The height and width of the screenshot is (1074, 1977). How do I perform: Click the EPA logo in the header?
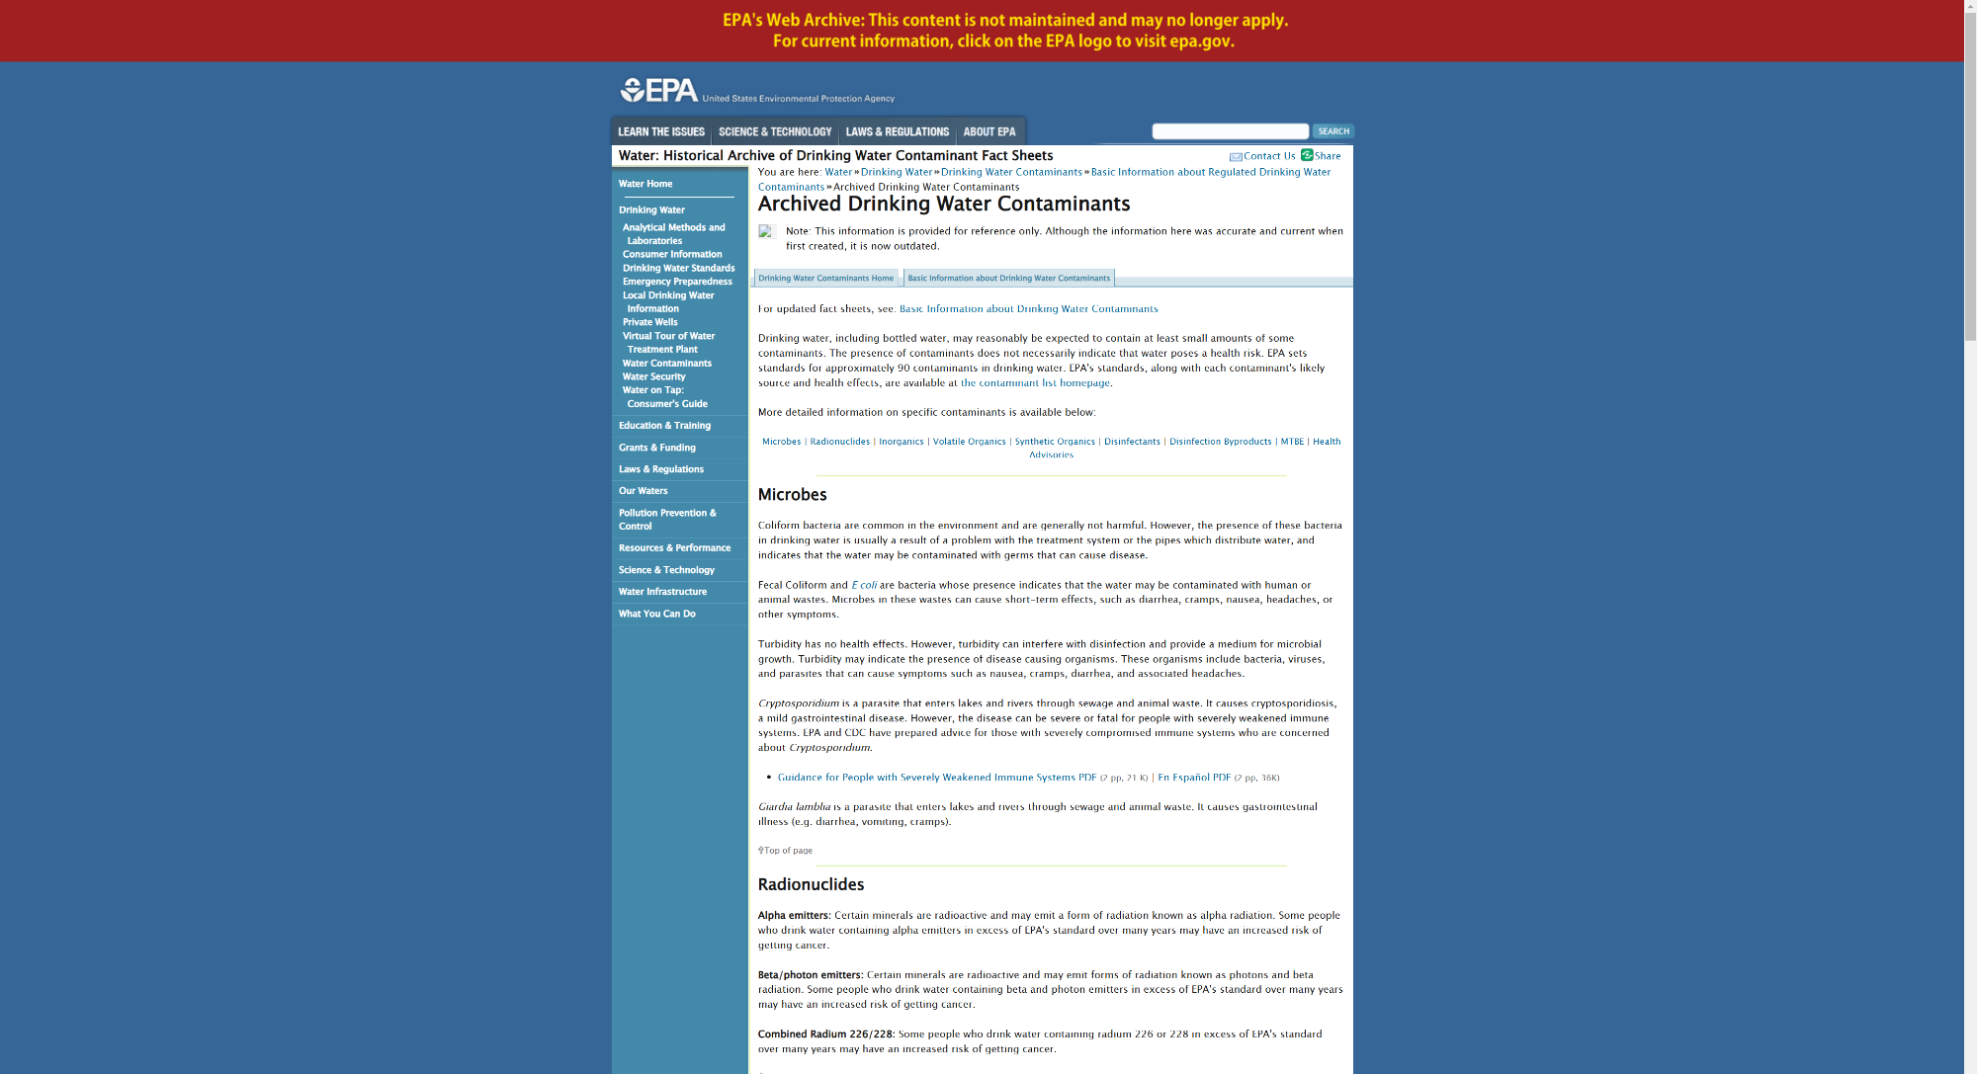coord(658,91)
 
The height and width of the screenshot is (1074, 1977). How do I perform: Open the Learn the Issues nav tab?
coord(661,131)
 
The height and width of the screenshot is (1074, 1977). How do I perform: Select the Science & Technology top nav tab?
coord(775,131)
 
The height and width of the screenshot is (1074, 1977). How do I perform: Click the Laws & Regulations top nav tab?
coord(897,131)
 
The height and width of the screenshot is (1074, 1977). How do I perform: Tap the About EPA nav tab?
coord(989,131)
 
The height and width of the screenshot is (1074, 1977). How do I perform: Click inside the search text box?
coord(1230,131)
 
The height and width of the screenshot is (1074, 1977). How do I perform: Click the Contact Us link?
coord(1269,156)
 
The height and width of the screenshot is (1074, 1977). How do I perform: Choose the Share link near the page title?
coord(1327,156)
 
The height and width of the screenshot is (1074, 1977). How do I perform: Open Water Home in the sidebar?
coord(645,184)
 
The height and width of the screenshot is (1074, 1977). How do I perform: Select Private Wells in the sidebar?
coord(650,322)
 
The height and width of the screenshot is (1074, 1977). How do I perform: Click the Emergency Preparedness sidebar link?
coord(677,282)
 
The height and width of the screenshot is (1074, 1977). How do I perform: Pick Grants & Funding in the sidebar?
coord(657,448)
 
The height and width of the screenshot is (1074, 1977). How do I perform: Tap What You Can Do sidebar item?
coord(657,614)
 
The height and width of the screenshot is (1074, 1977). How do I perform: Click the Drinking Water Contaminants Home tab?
coord(825,279)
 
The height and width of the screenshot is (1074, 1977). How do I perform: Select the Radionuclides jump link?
coord(840,442)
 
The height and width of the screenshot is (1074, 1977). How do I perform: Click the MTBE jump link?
coord(1292,442)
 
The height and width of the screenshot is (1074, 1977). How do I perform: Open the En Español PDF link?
coord(1194,778)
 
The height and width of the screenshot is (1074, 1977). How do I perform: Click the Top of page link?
coord(788,851)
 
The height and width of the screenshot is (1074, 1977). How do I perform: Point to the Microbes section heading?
coord(793,495)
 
